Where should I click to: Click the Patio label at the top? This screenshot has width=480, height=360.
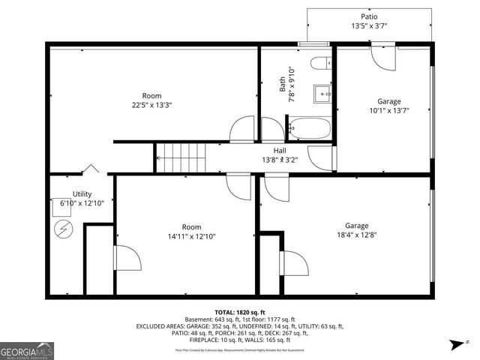tap(369, 16)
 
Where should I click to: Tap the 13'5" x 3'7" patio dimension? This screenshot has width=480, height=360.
tap(369, 27)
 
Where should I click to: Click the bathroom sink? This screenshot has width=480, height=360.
tap(321, 94)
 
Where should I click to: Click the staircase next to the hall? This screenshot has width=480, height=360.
tap(181, 158)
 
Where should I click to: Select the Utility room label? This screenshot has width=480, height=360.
tap(82, 194)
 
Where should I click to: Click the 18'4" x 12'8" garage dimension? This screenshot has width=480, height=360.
tap(356, 235)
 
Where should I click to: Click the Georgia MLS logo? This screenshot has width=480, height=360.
tap(26, 349)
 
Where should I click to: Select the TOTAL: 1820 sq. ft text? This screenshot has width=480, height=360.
tap(240, 311)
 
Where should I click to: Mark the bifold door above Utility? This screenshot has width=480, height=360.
tap(91, 170)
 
